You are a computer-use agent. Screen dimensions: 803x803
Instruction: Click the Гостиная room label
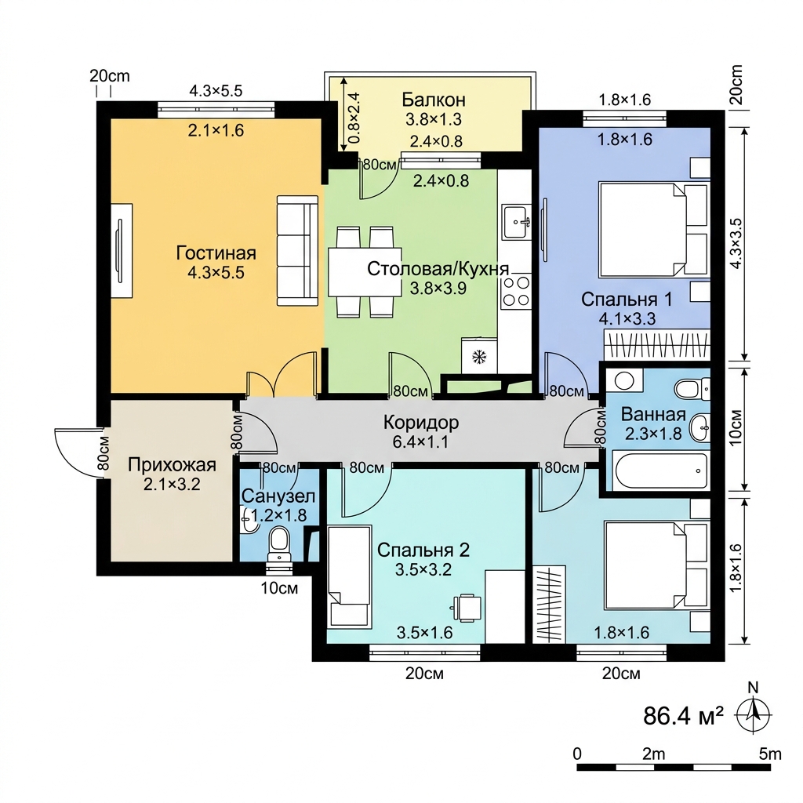point(216,253)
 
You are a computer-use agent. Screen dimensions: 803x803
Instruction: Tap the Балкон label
point(433,99)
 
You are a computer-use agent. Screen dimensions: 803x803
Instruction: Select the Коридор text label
point(421,423)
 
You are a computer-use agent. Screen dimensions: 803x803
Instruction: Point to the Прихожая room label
point(172,465)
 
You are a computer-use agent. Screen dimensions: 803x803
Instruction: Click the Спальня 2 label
point(423,550)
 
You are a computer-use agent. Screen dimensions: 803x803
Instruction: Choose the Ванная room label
point(653,414)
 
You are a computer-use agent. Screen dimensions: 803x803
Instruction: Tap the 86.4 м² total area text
point(683,715)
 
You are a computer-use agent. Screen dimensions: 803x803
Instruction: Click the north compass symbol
point(754,713)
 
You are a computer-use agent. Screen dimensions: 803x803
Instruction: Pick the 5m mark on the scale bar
point(770,754)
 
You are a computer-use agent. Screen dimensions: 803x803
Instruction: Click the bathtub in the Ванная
point(661,471)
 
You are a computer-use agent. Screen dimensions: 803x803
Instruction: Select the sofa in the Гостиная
point(297,250)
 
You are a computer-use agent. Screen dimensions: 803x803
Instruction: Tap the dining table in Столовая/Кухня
point(365,272)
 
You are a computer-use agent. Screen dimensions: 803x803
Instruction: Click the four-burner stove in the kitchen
point(516,291)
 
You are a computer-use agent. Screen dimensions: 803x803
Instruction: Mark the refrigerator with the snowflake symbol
point(479,355)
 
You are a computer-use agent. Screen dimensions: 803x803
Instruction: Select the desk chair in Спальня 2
point(467,608)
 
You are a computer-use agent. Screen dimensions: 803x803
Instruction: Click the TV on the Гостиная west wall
point(122,250)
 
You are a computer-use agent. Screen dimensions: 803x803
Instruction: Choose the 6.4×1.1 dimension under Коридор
point(420,442)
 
